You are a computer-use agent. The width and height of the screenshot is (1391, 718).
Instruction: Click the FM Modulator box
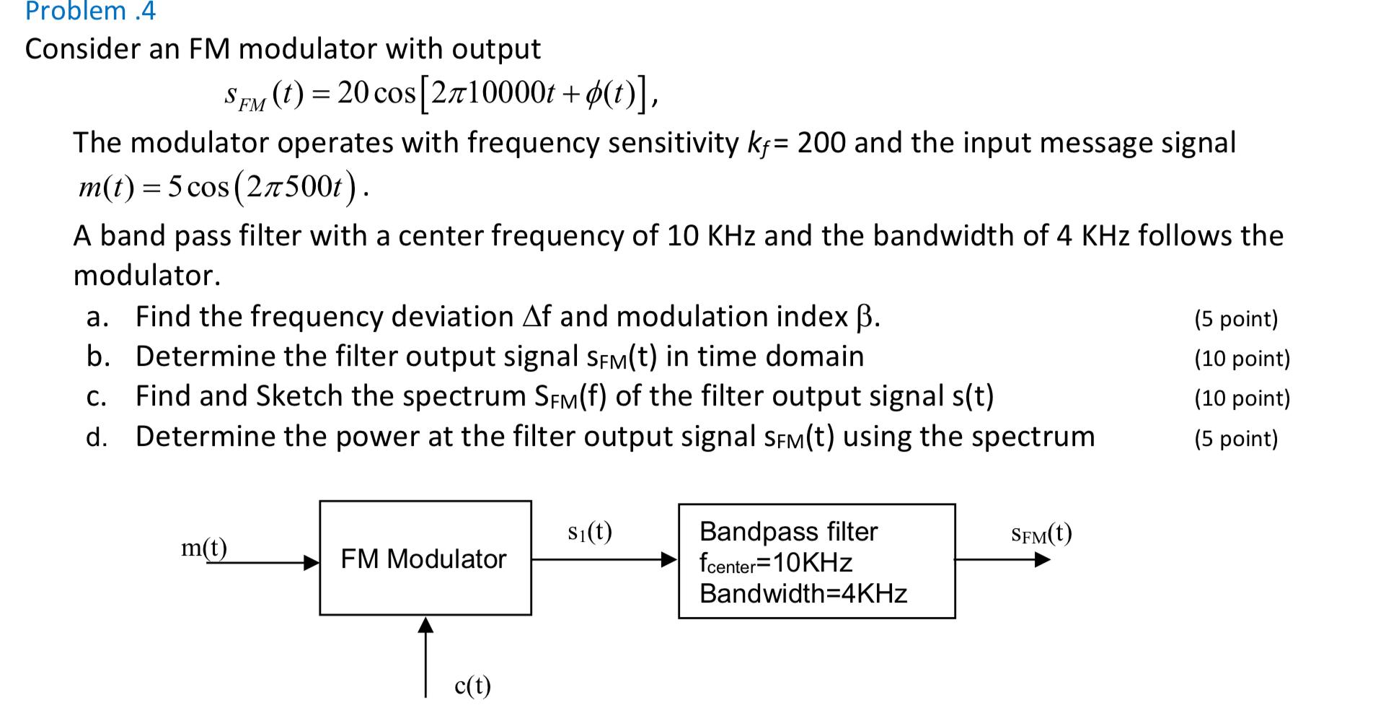point(425,558)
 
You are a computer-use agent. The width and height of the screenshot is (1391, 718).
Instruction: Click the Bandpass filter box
point(816,561)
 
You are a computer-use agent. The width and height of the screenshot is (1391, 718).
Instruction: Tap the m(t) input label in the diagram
point(203,548)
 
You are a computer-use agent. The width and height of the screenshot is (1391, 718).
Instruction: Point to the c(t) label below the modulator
point(472,685)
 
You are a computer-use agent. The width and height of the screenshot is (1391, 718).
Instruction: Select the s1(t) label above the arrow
point(589,532)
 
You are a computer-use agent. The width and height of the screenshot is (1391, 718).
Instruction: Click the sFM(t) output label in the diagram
point(1041,534)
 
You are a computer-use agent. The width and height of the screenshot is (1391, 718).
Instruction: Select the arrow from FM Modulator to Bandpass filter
point(604,559)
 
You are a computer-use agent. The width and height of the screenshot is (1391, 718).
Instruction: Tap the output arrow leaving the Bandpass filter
point(1002,559)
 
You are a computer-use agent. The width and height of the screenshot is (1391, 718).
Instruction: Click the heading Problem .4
point(90,12)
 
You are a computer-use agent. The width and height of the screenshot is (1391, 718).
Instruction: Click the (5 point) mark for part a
point(1235,318)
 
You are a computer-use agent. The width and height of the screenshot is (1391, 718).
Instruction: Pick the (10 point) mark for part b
point(1241,358)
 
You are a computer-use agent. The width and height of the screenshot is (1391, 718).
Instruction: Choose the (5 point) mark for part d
point(1235,438)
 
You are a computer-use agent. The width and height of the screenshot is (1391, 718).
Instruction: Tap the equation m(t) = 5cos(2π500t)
point(224,188)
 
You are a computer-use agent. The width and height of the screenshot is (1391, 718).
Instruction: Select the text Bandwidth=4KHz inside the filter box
point(803,593)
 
